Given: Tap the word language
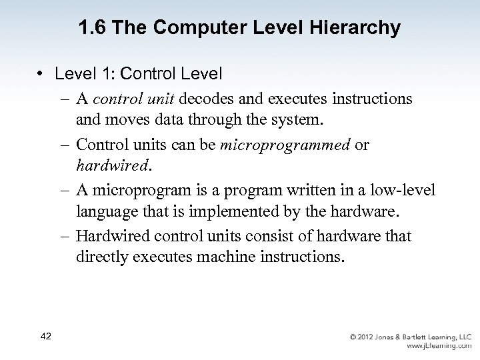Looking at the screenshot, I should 109,213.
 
